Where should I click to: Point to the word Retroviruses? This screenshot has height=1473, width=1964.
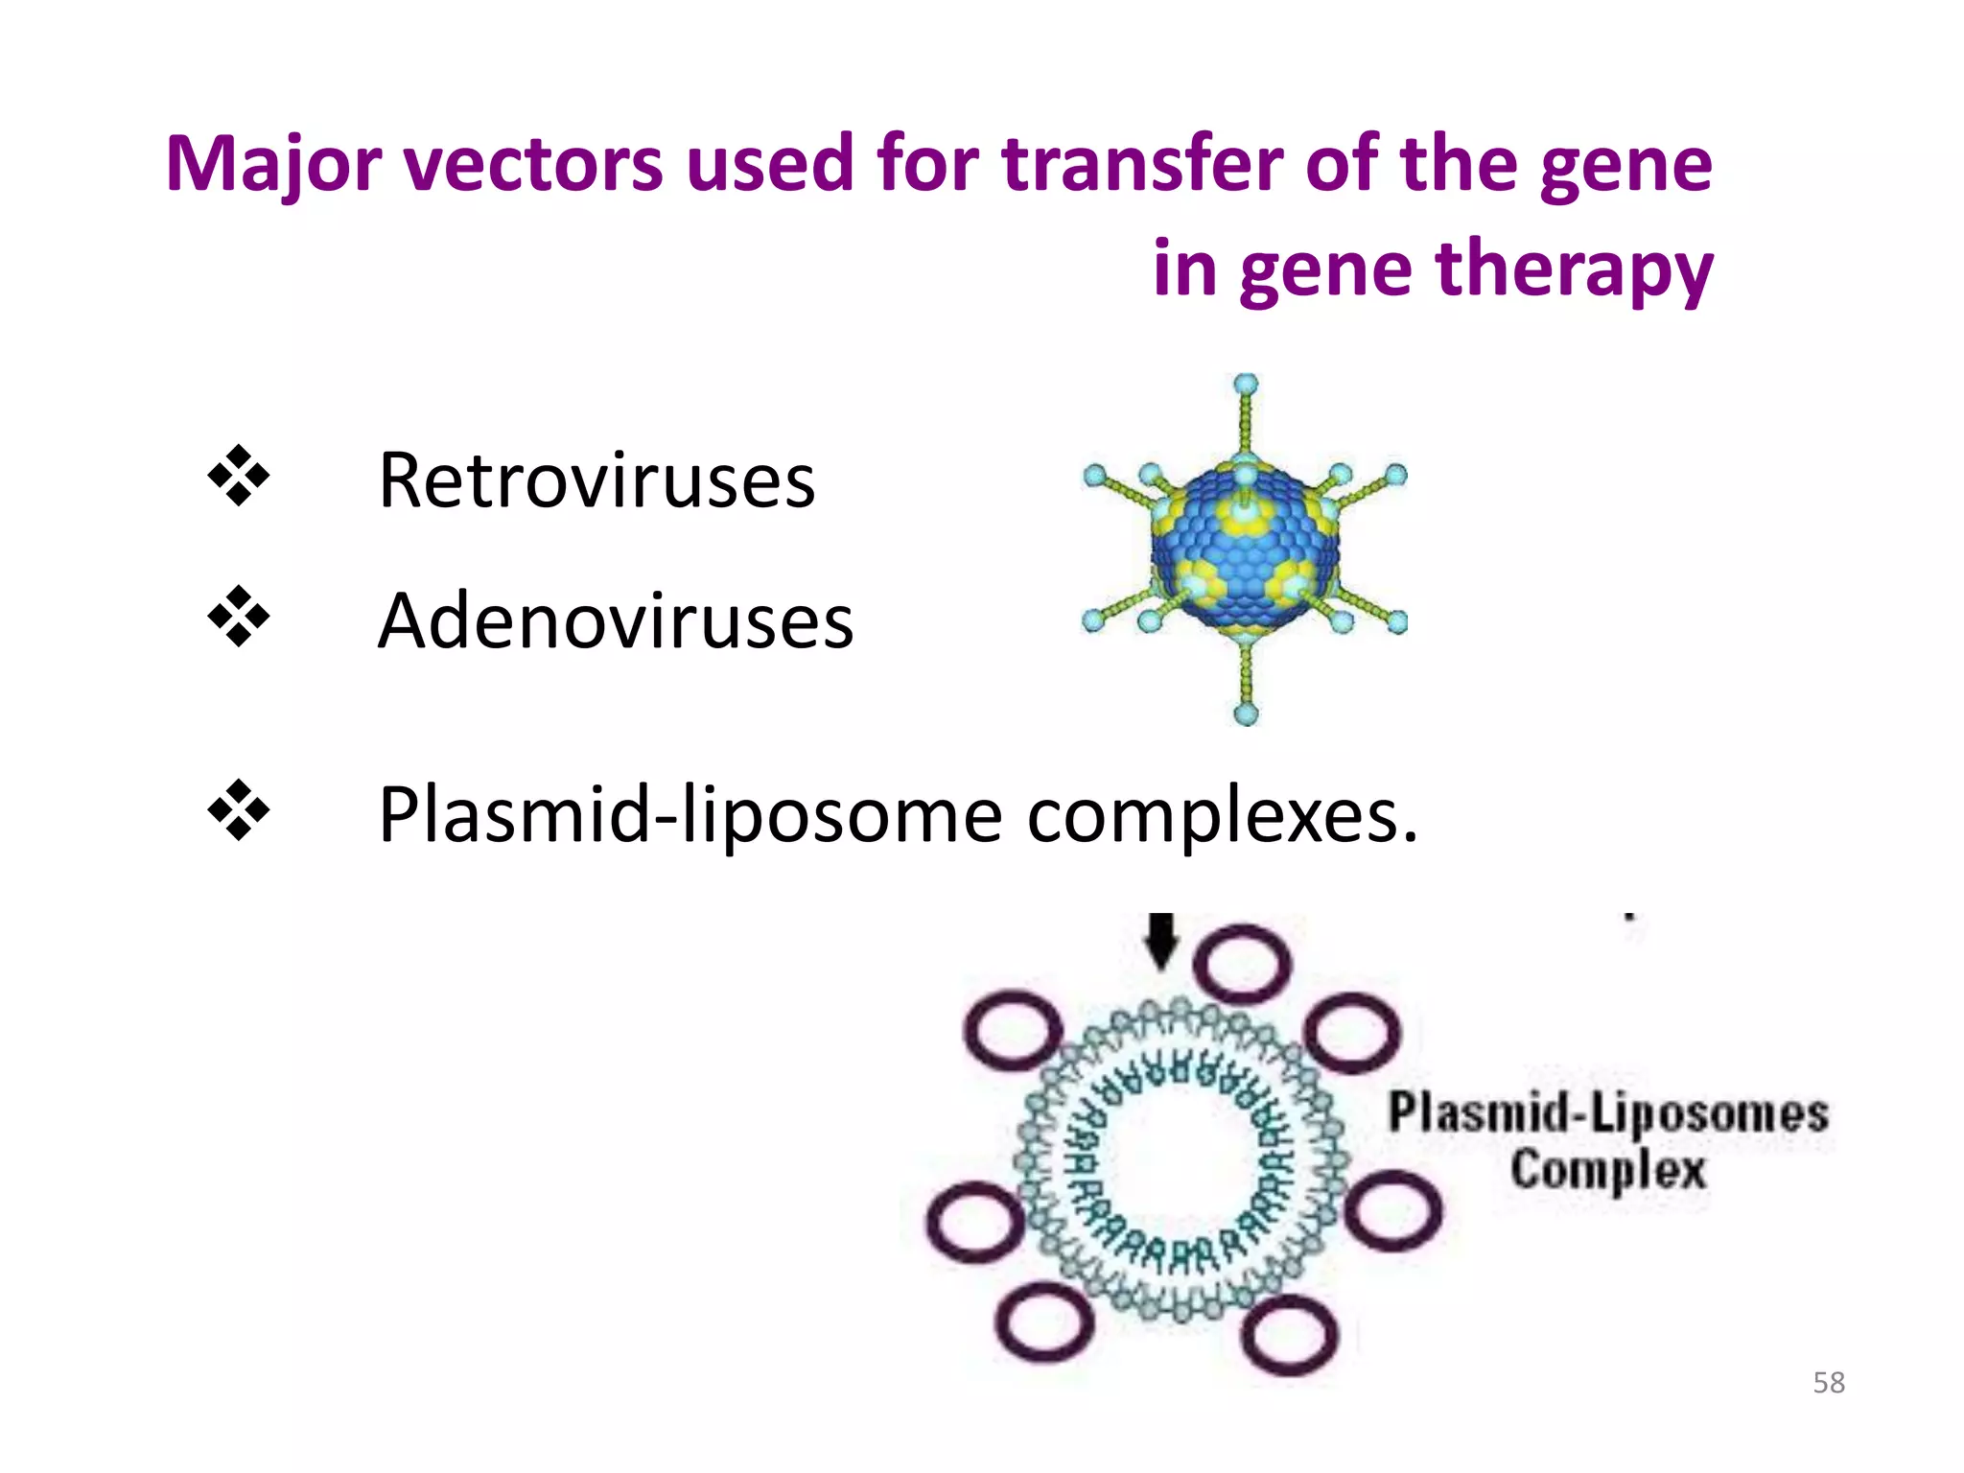(x=596, y=479)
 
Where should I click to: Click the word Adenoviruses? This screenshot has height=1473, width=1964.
(x=615, y=620)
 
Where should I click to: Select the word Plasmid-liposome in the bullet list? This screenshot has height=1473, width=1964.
(x=690, y=815)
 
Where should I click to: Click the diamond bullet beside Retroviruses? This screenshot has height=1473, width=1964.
(x=239, y=476)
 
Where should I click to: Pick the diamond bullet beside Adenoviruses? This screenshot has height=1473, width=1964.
(x=239, y=617)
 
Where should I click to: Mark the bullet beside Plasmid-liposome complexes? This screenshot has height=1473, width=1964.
(x=239, y=811)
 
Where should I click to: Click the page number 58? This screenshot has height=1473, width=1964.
(x=1829, y=1382)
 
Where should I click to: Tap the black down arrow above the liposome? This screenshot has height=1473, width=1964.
(x=1161, y=941)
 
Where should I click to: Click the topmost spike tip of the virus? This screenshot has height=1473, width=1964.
(x=1245, y=385)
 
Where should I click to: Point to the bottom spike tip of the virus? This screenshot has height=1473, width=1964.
(x=1246, y=713)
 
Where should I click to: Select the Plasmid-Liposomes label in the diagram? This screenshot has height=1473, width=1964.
(x=1608, y=1113)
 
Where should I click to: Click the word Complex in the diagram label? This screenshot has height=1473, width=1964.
(x=1608, y=1171)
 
